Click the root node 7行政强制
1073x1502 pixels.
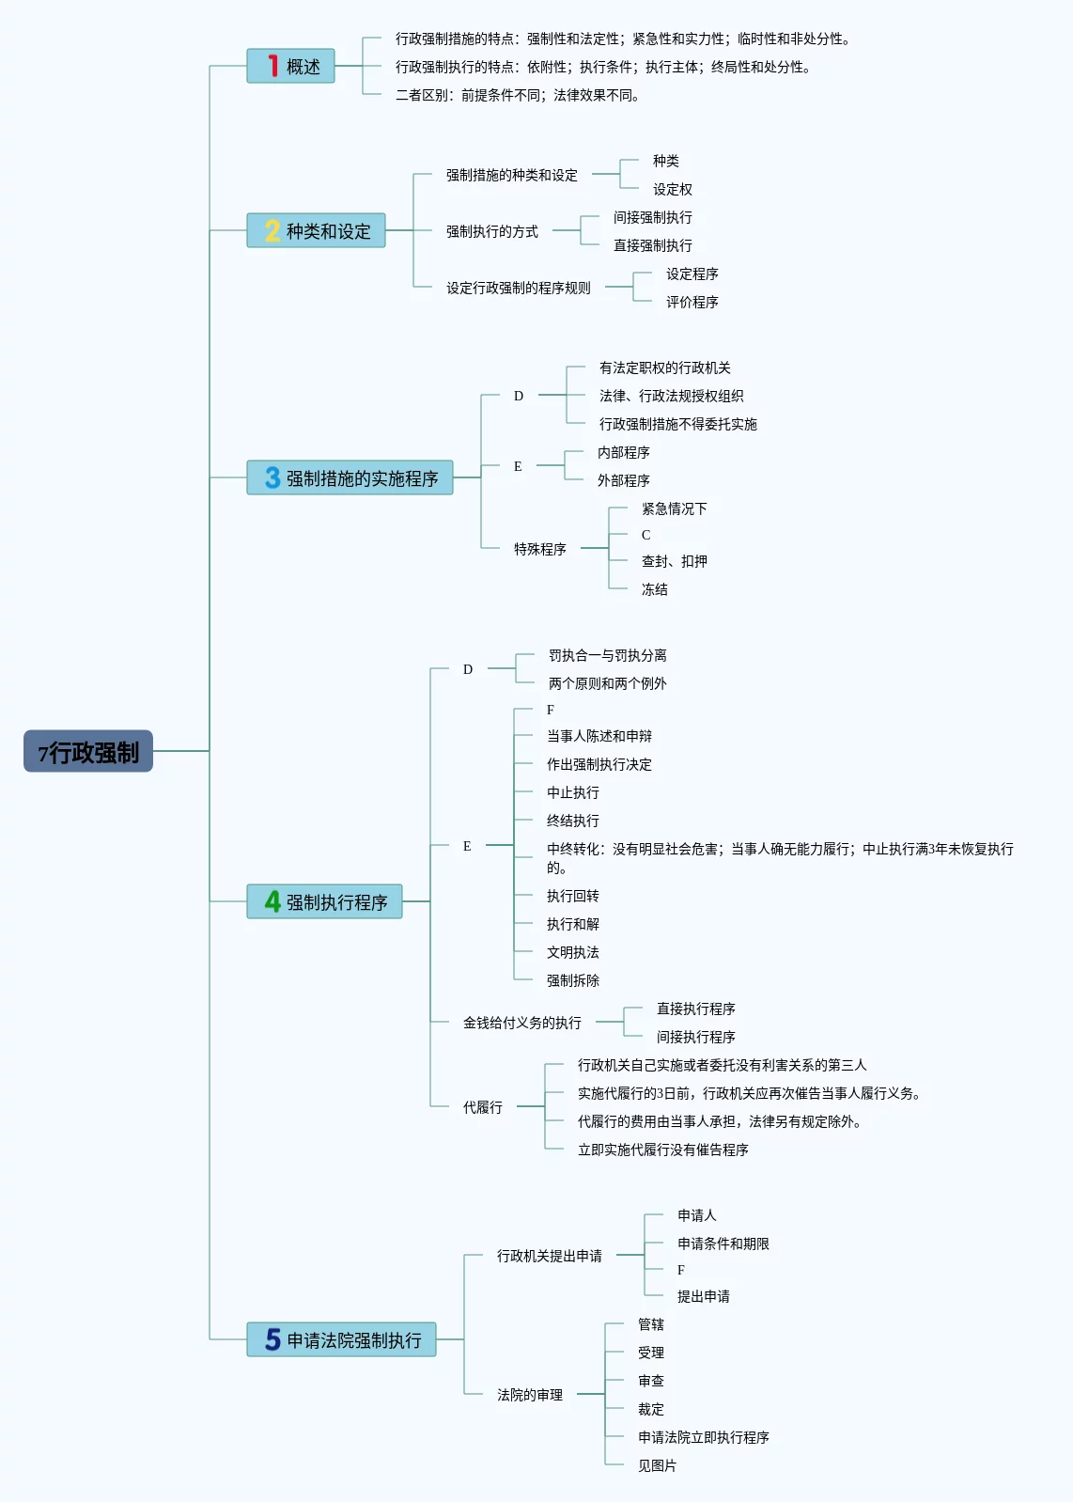(x=88, y=751)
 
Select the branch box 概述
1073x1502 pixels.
(x=290, y=66)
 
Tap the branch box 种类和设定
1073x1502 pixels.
(x=316, y=230)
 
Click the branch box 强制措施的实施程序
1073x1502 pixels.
(x=350, y=477)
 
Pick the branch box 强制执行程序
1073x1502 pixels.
(x=324, y=901)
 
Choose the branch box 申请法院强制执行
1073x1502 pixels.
(x=341, y=1339)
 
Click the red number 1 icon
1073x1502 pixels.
(x=272, y=66)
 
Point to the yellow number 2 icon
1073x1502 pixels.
(x=272, y=230)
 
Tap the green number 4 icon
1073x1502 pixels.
(x=272, y=901)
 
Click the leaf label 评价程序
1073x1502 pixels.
(x=692, y=302)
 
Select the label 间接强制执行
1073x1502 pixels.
(x=652, y=217)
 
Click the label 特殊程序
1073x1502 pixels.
(x=539, y=549)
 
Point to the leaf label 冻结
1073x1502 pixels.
(x=654, y=589)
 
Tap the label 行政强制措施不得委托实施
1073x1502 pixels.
(x=677, y=424)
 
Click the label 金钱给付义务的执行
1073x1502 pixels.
(x=521, y=1023)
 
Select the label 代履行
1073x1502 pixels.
(x=482, y=1107)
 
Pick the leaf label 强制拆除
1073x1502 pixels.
(x=572, y=980)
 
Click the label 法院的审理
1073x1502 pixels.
(x=529, y=1395)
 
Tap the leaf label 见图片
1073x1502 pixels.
(x=657, y=1465)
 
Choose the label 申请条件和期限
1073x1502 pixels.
(x=723, y=1244)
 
